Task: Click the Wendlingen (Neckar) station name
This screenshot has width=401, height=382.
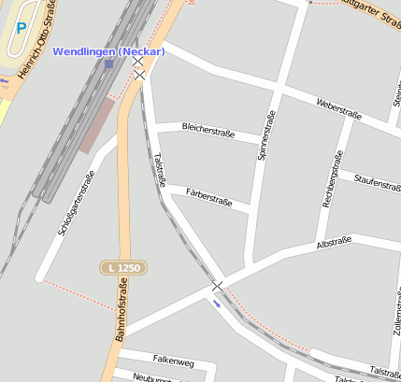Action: coord(108,51)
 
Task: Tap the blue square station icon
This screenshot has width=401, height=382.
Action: coord(109,64)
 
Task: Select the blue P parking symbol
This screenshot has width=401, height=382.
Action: coord(21,29)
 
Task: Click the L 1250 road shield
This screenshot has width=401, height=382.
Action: coord(123,268)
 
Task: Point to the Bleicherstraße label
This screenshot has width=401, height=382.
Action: coord(208,130)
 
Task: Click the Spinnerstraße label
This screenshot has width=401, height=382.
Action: coord(265,136)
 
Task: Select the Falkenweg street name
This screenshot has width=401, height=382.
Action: coord(173,361)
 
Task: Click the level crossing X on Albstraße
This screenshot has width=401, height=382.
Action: coord(217,285)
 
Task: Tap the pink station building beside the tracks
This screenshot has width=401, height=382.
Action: coord(94,127)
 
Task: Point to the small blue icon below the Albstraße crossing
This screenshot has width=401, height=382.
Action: coord(218,302)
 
